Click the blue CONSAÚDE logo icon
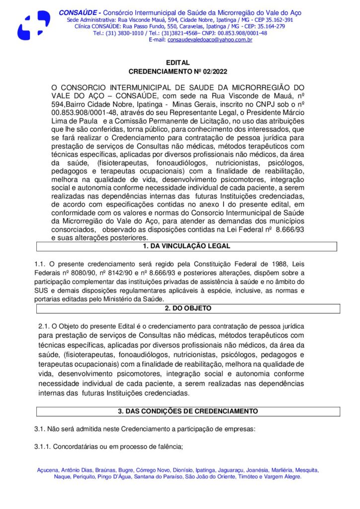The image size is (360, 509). (33, 25)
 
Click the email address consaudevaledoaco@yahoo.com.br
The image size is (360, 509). (210, 39)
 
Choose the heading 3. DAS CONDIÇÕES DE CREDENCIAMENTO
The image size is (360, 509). (188, 411)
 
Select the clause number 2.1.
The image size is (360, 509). (44, 326)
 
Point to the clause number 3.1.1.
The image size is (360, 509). (42, 446)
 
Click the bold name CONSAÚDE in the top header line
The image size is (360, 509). (77, 12)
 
